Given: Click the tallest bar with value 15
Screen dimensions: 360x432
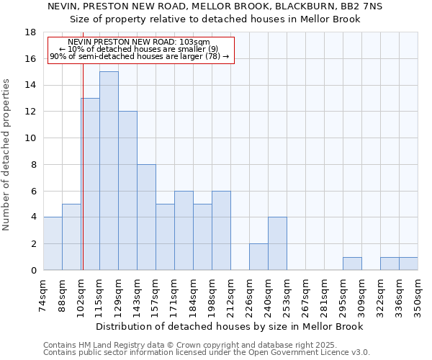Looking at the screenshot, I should (x=109, y=171).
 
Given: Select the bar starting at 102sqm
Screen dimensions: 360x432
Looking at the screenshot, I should (x=90, y=184).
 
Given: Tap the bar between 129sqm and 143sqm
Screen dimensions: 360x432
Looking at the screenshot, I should (x=127, y=191).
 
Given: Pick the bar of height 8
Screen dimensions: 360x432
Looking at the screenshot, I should (x=146, y=217).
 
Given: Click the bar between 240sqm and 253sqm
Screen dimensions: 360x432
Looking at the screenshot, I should (x=277, y=244).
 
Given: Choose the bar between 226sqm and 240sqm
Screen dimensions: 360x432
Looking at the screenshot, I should (x=258, y=257).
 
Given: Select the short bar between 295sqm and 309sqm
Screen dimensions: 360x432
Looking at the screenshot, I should (x=352, y=264).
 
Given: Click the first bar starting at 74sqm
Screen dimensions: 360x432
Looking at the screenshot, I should (x=53, y=244).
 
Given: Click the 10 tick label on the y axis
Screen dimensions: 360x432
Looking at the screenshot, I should (x=30, y=138).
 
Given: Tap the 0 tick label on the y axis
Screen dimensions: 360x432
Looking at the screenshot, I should (x=33, y=271).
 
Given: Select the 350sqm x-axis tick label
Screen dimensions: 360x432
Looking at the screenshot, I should (x=418, y=295).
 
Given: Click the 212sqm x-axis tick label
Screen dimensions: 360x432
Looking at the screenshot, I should (x=231, y=295).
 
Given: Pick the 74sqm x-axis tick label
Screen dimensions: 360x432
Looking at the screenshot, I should (x=44, y=295).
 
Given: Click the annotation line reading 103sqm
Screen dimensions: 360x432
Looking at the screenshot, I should (x=139, y=42).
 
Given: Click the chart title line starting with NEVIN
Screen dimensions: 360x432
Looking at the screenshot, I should (x=215, y=6).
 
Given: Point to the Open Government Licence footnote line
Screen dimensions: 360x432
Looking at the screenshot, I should (x=207, y=352).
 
